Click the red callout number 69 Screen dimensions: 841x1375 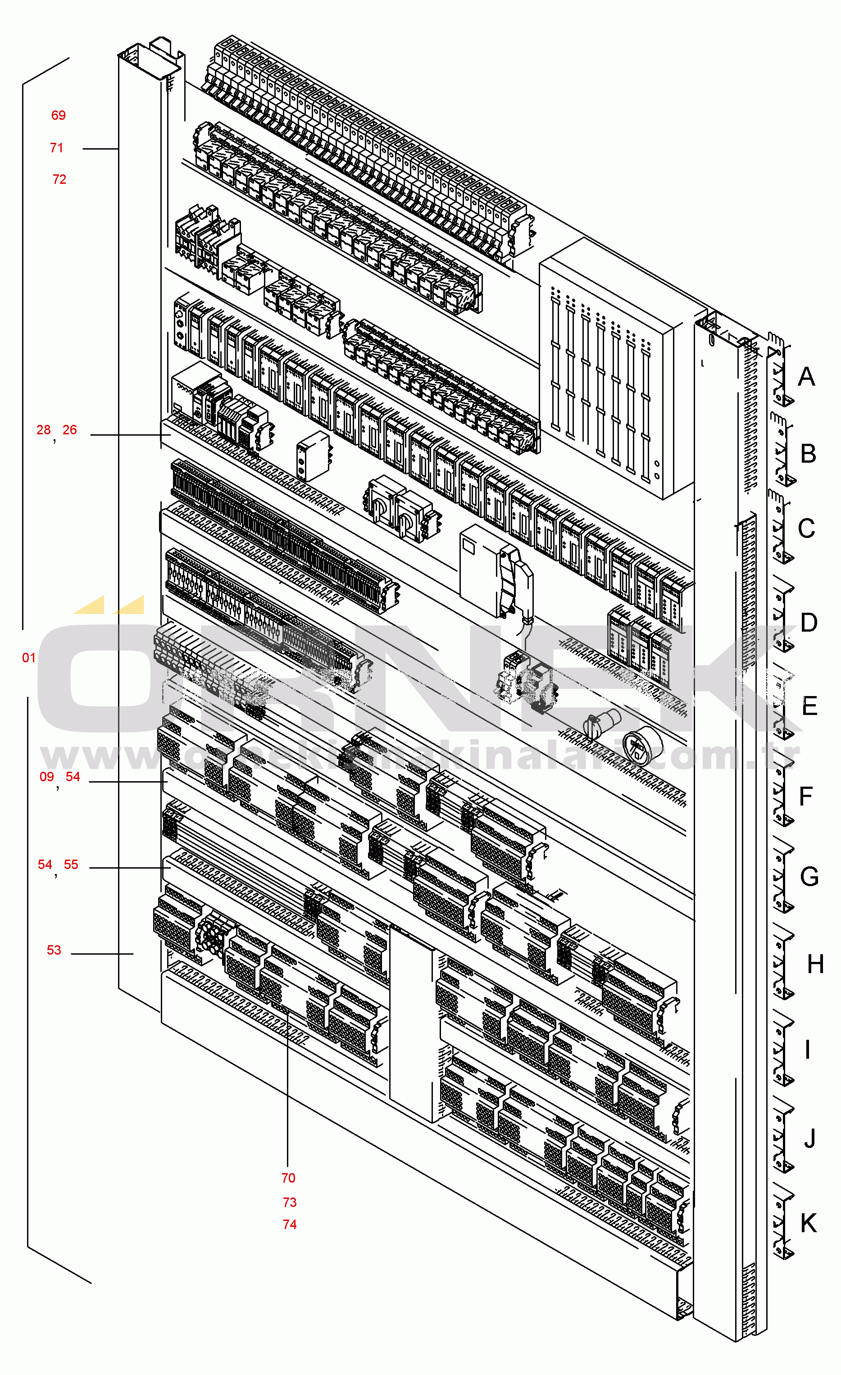point(58,115)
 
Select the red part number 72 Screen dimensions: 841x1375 point(59,180)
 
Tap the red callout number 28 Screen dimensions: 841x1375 point(44,430)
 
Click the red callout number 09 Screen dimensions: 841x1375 point(47,777)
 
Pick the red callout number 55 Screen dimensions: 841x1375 point(71,865)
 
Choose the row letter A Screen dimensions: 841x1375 point(806,377)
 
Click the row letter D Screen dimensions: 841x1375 point(809,623)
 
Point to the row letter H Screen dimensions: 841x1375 point(815,964)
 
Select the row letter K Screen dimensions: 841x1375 point(809,1223)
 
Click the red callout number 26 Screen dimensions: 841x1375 point(70,430)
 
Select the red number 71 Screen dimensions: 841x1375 point(56,148)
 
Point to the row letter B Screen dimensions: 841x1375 point(808,454)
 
